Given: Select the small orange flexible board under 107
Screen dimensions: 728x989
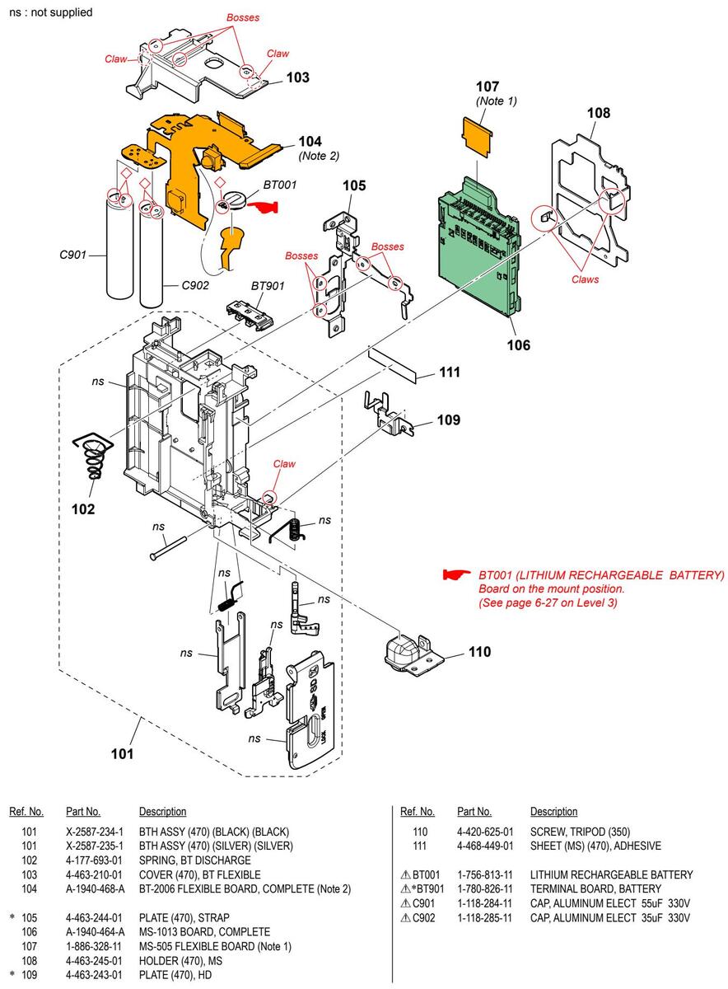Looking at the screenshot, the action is click(x=478, y=138).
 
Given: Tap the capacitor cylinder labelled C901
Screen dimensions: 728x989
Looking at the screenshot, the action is click(x=119, y=246).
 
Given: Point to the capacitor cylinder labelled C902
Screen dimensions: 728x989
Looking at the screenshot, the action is click(x=152, y=256).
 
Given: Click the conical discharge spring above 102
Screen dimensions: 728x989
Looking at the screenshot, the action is click(x=93, y=454).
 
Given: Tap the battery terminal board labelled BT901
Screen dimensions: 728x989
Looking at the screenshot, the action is click(x=250, y=315).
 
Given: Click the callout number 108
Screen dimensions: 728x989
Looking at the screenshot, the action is click(x=598, y=113).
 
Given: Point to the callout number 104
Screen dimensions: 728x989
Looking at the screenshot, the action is click(x=310, y=141).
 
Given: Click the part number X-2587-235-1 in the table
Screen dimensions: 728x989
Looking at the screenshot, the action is click(x=95, y=846).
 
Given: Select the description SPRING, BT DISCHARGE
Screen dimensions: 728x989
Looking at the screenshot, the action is click(x=195, y=860).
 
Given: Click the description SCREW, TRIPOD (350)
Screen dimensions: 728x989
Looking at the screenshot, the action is click(x=581, y=832).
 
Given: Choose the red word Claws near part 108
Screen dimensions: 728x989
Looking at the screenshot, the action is click(x=585, y=279).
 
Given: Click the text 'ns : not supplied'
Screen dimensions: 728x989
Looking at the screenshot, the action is click(x=51, y=12).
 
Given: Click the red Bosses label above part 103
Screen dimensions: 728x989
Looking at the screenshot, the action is click(x=243, y=17).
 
